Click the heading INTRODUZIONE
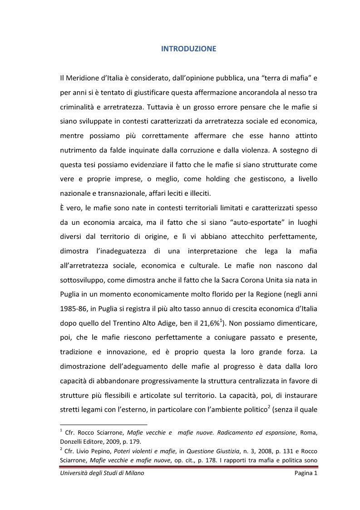(188, 49)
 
